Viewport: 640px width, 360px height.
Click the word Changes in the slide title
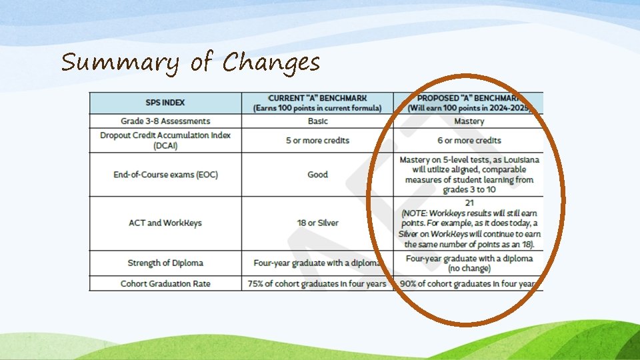pyautogui.click(x=271, y=63)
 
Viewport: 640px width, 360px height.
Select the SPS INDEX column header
pyautogui.click(x=165, y=103)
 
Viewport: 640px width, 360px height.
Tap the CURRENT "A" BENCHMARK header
pyautogui.click(x=317, y=103)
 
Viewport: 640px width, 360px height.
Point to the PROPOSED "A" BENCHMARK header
pyautogui.click(x=469, y=103)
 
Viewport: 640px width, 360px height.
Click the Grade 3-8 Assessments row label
pyautogui.click(x=165, y=121)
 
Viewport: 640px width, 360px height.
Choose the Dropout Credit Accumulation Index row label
pyautogui.click(x=165, y=140)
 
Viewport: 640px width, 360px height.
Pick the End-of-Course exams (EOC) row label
pyautogui.click(x=165, y=175)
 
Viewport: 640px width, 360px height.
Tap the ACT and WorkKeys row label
pyautogui.click(x=165, y=223)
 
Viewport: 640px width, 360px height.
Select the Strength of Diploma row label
pyautogui.click(x=165, y=263)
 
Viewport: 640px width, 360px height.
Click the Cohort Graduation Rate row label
pyautogui.click(x=165, y=284)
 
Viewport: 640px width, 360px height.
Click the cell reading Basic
pyautogui.click(x=317, y=121)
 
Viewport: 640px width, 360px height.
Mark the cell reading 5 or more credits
pyautogui.click(x=317, y=141)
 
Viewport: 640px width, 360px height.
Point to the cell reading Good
pyautogui.click(x=317, y=175)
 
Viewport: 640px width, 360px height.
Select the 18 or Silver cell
pyautogui.click(x=317, y=223)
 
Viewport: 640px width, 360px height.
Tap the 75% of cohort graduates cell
pyautogui.click(x=317, y=284)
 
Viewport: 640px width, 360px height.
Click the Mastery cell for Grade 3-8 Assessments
pyautogui.click(x=469, y=121)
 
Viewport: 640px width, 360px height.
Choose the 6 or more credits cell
pyautogui.click(x=469, y=141)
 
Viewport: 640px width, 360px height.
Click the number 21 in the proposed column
pyautogui.click(x=469, y=201)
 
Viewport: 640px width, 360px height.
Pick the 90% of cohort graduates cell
pyautogui.click(x=469, y=284)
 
